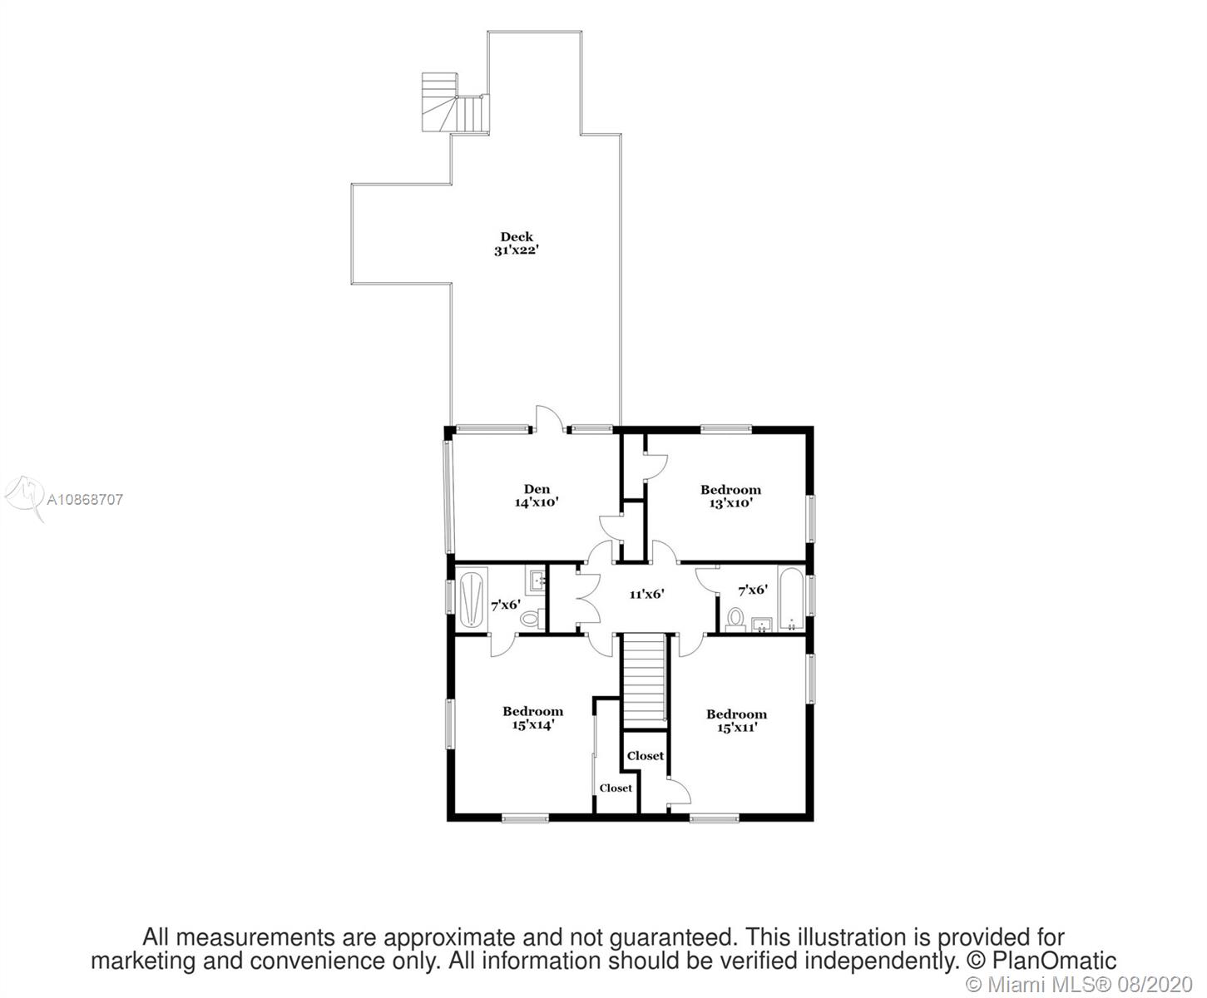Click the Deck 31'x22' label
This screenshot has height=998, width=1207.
(517, 244)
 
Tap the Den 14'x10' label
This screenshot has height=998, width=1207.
(537, 496)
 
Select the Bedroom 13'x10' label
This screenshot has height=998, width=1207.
(730, 497)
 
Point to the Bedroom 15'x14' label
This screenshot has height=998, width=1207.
(532, 719)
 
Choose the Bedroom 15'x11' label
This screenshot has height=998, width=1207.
(736, 720)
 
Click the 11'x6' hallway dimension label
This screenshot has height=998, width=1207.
(647, 594)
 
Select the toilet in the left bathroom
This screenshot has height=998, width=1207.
(533, 618)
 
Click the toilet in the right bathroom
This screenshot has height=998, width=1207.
(735, 620)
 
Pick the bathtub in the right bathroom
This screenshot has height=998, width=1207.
(791, 600)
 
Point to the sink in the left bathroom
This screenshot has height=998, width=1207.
(537, 579)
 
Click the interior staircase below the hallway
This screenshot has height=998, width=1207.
(645, 681)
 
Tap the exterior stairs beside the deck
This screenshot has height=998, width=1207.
(454, 103)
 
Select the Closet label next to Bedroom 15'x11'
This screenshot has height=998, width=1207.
(646, 756)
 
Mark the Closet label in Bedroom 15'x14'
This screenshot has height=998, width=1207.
(615, 788)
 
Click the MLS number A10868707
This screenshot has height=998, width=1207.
(85, 499)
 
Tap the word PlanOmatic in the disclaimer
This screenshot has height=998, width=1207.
(1054, 961)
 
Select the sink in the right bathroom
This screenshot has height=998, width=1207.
(761, 625)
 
